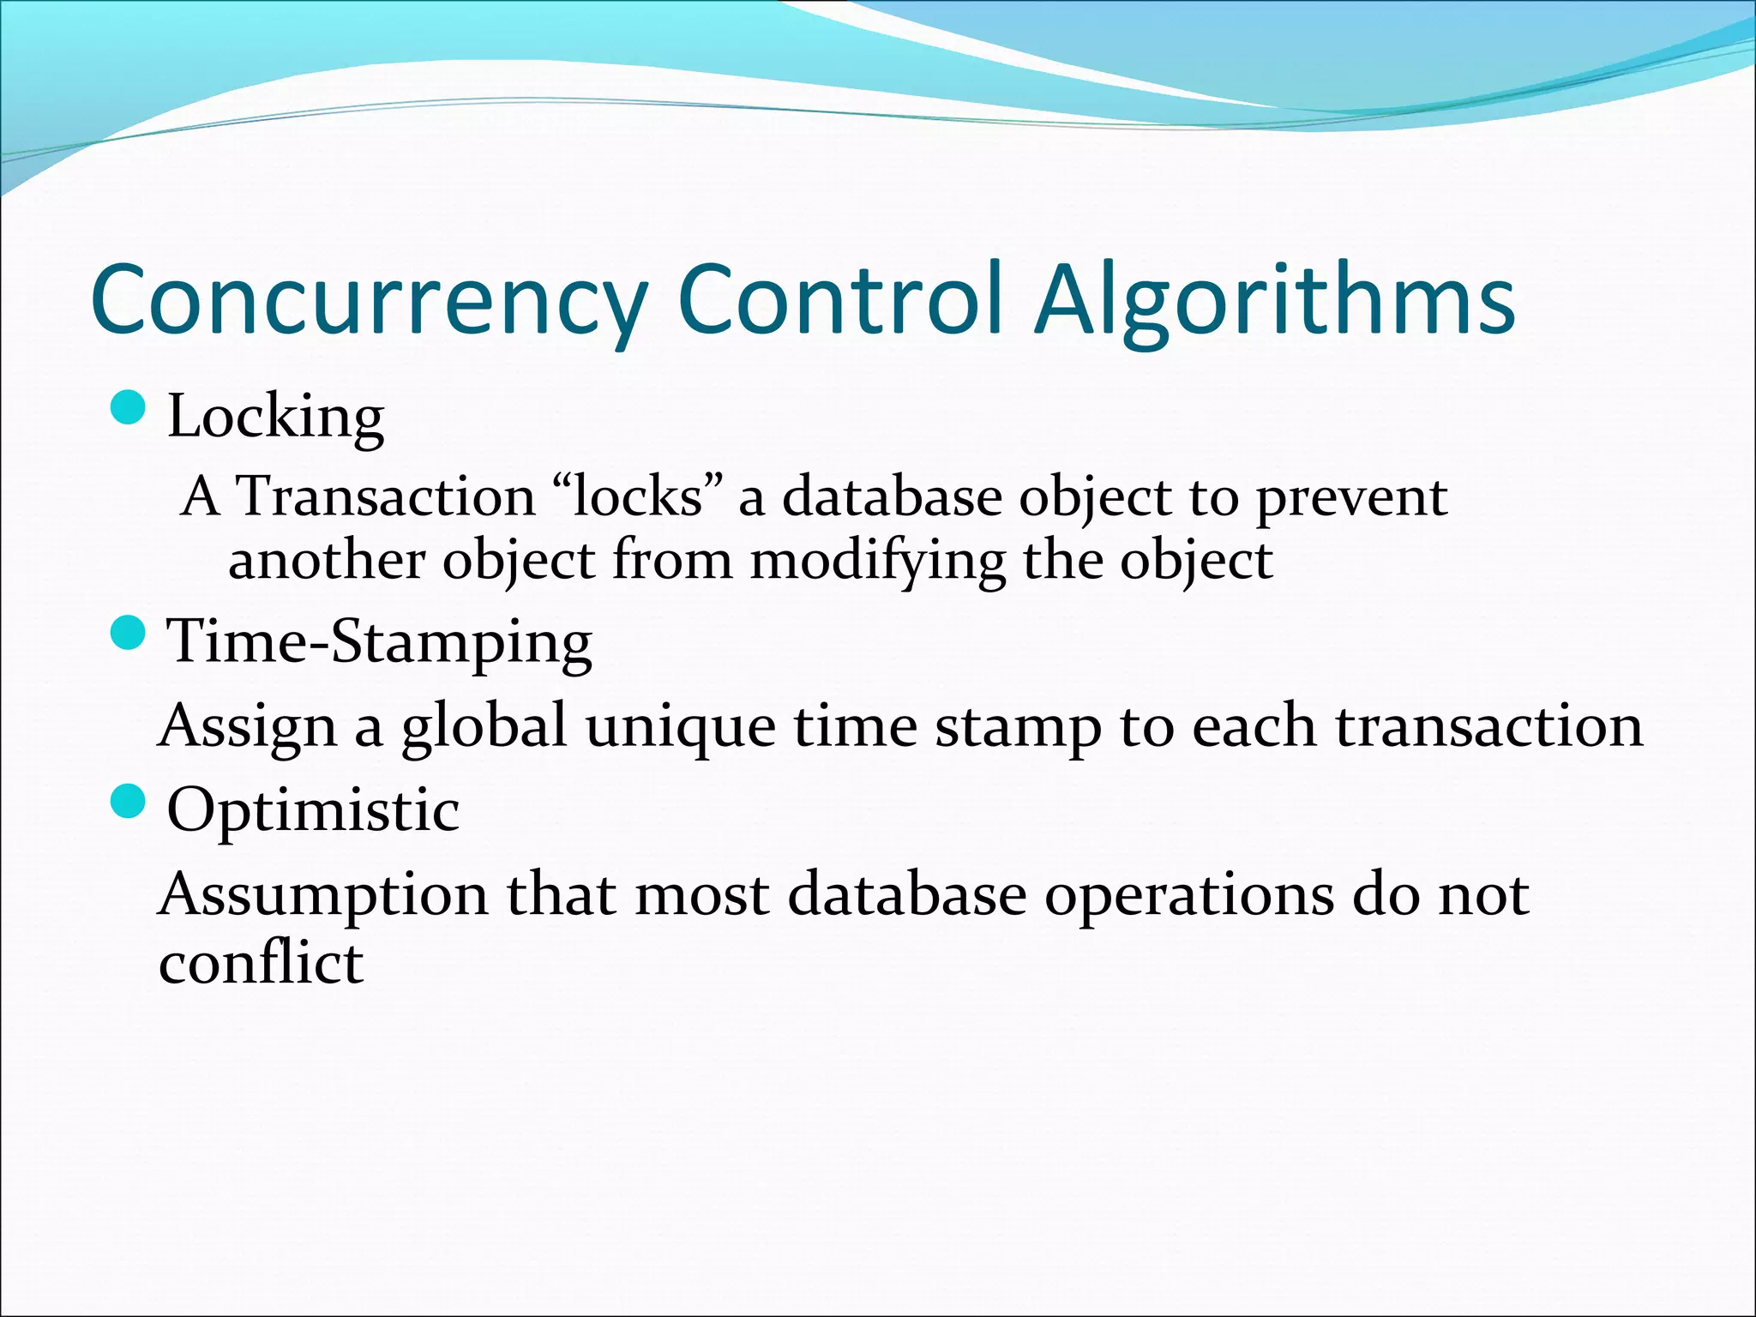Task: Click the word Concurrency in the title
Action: (369, 300)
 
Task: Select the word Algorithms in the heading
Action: (1275, 300)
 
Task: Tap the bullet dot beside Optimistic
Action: (129, 802)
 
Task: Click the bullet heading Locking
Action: (275, 417)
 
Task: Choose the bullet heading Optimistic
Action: (313, 809)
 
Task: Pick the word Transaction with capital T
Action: (385, 496)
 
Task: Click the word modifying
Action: (877, 562)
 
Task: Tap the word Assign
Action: (248, 727)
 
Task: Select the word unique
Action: (681, 727)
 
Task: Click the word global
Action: (484, 727)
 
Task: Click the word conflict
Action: (261, 962)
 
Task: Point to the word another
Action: (327, 561)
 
